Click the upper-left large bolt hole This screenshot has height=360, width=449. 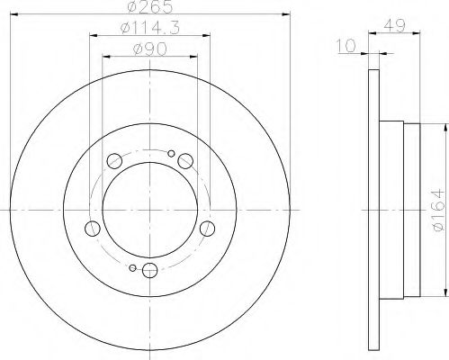pos(114,161)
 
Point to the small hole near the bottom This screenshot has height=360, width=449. pos(132,267)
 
